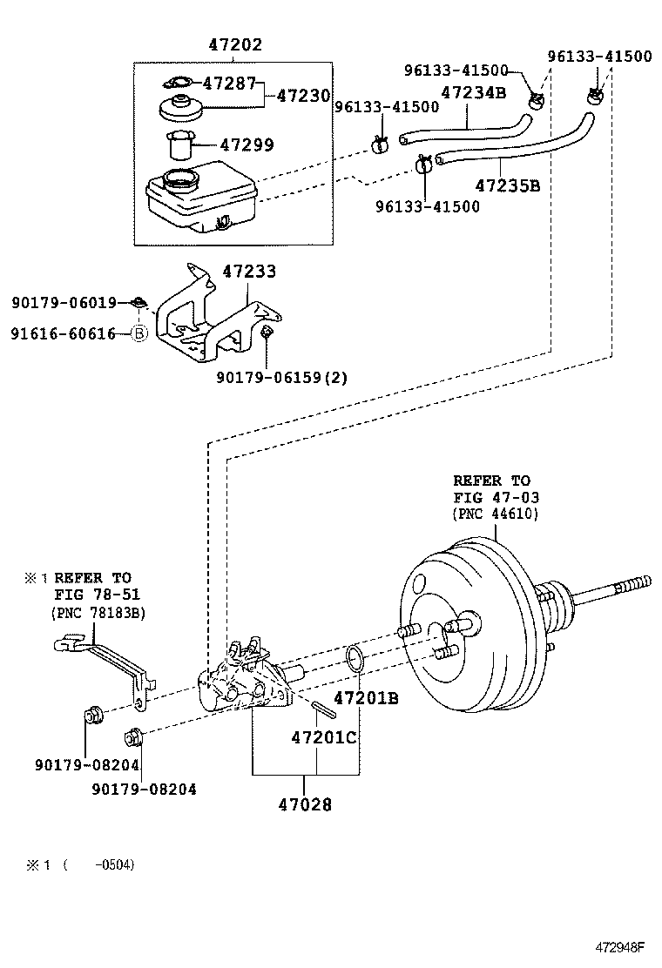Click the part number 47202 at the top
pyautogui.click(x=235, y=44)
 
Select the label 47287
pyautogui.click(x=229, y=84)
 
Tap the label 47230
pyautogui.click(x=303, y=96)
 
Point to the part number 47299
pyautogui.click(x=247, y=145)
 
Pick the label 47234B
pyautogui.click(x=473, y=92)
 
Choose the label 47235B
pyautogui.click(x=508, y=185)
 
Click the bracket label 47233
pyautogui.click(x=249, y=272)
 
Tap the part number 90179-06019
pyautogui.click(x=64, y=303)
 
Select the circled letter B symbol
pyautogui.click(x=139, y=334)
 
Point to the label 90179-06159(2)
pyautogui.click(x=281, y=377)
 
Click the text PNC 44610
pyautogui.click(x=496, y=514)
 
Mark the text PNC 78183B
pyautogui.click(x=98, y=613)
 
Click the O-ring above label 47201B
pyautogui.click(x=354, y=659)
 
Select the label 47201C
pyautogui.click(x=324, y=737)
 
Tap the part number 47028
pyautogui.click(x=305, y=804)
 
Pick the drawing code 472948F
pyautogui.click(x=620, y=947)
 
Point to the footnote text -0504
pyautogui.click(x=114, y=864)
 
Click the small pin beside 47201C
pyautogui.click(x=323, y=709)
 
